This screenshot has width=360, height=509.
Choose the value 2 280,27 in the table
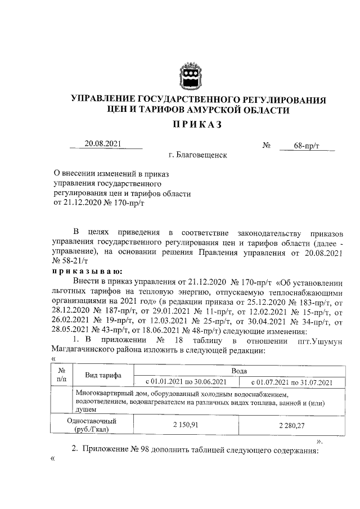click(x=291, y=425)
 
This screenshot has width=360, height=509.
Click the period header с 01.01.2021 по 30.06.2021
click(x=186, y=382)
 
